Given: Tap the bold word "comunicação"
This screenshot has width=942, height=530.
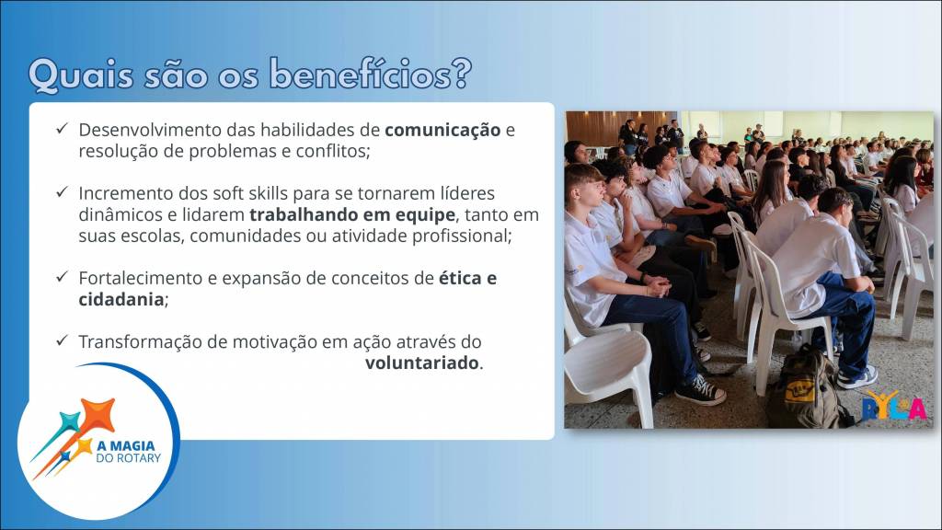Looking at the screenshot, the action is (442, 130).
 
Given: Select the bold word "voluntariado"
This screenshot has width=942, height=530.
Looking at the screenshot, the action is (421, 363).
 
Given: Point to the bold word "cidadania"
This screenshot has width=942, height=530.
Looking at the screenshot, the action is (121, 299).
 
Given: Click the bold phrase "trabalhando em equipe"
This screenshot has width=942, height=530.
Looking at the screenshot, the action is (352, 214).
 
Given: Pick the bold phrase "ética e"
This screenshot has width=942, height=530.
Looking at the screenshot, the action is (468, 278).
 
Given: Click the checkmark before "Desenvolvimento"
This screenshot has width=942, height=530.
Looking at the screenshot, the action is (62, 129).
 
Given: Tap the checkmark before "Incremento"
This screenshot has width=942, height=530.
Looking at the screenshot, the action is (62, 192).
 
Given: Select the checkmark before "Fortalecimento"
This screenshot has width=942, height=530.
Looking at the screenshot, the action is (62, 277).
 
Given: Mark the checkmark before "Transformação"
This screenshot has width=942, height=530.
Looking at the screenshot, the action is (62, 340).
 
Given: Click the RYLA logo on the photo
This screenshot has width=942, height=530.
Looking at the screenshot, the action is (894, 406).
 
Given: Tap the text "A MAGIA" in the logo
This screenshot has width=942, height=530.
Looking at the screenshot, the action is (125, 446).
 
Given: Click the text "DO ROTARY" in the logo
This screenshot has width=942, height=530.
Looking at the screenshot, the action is (129, 458).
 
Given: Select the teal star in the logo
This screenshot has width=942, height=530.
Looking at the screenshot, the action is (69, 422).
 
